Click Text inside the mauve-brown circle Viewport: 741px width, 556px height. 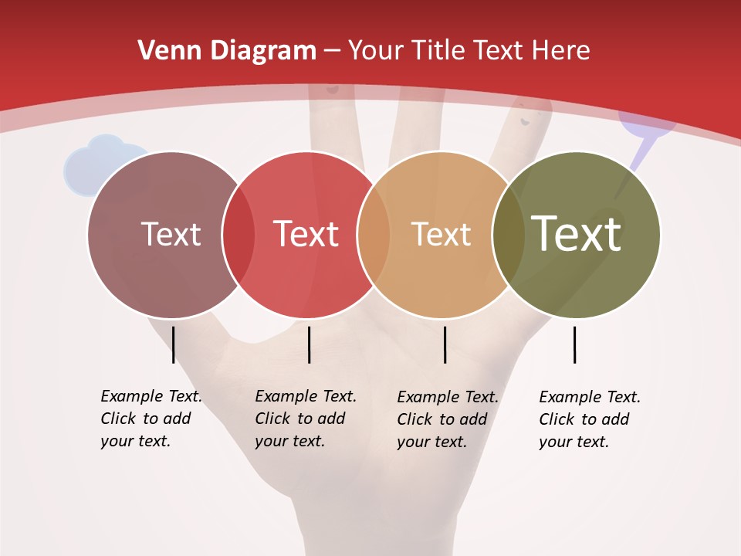171,234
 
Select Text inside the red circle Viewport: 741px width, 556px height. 306,234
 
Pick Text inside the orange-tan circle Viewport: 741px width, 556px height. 441,234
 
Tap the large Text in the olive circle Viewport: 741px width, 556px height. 576,234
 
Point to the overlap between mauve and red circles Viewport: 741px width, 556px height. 239,235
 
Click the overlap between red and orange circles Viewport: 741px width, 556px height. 374,235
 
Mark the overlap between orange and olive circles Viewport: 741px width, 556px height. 508,235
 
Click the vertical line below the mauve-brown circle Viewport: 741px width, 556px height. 174,344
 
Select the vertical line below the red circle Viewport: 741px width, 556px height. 309,344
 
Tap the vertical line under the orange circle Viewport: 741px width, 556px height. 445,344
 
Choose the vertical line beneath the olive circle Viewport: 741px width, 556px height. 574,344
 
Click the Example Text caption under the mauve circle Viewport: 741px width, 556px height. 151,419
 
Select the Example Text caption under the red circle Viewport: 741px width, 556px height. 305,419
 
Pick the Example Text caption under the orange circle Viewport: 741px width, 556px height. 447,419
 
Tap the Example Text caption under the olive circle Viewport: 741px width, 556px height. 589,419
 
